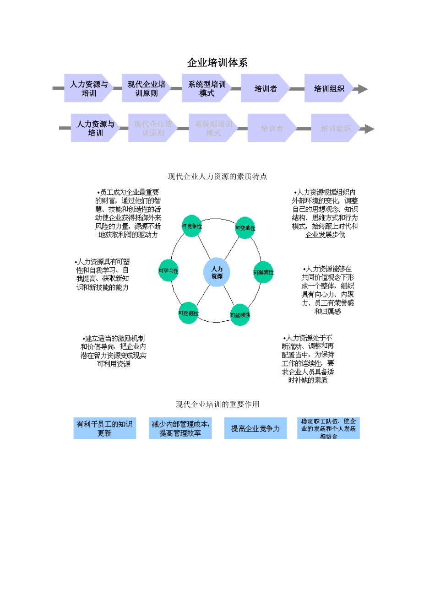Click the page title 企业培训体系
217,63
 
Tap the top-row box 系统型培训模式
207,88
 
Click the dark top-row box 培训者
266,88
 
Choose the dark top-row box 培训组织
329,88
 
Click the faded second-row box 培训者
272,129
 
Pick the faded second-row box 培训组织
336,129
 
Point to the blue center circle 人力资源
217,273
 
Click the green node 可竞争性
192,226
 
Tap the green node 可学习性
169,271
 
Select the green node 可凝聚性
263,272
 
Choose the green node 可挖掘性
188,313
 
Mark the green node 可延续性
240,315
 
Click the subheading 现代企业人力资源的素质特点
217,177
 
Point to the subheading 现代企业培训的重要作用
217,405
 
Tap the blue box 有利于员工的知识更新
104,428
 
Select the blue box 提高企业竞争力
255,428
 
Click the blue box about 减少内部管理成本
180,428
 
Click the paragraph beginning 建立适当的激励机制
114,351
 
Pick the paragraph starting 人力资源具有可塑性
103,275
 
